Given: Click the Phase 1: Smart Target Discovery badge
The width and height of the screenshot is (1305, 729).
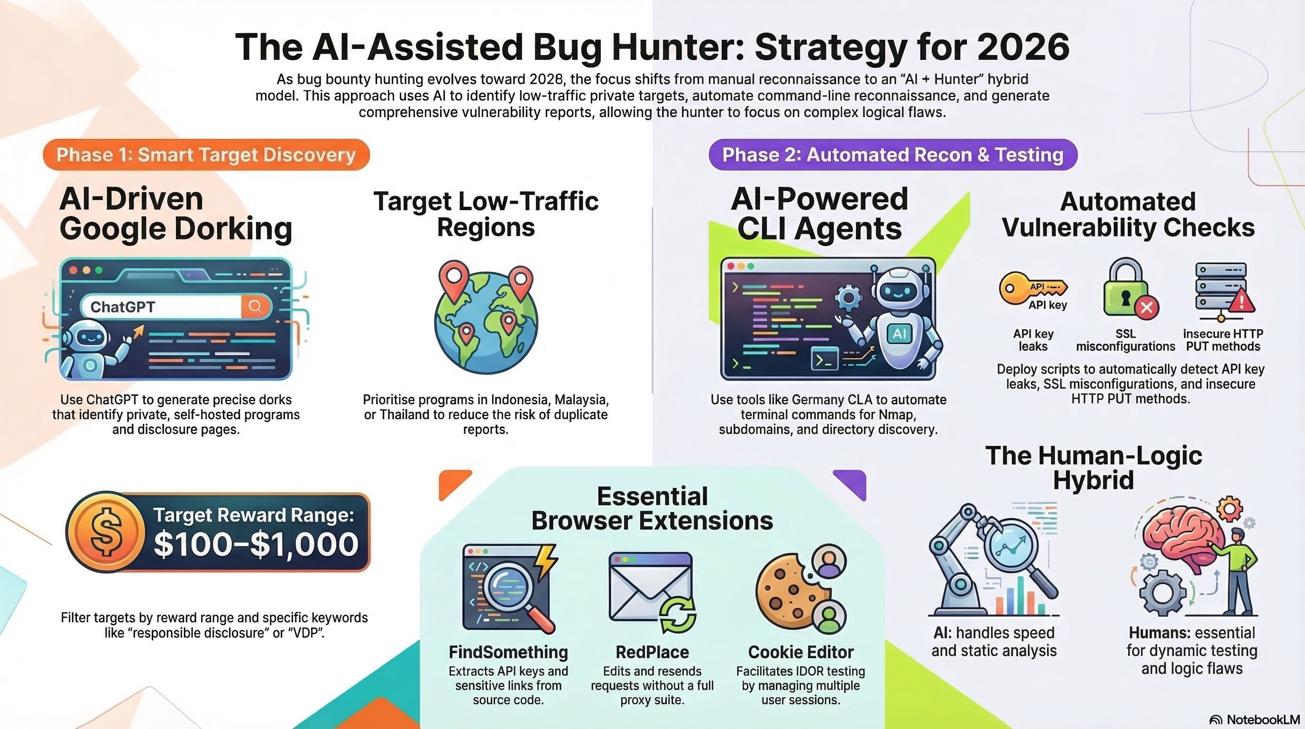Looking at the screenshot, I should pyautogui.click(x=206, y=155).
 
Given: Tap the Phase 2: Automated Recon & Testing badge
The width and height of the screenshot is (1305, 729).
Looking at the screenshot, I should pyautogui.click(x=892, y=155).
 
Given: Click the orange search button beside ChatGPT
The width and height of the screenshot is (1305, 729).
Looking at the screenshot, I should pyautogui.click(x=255, y=306).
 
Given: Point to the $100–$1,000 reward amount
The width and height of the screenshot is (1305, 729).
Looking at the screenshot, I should pyautogui.click(x=256, y=544).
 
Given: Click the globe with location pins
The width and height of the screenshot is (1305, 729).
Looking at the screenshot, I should pyautogui.click(x=486, y=318).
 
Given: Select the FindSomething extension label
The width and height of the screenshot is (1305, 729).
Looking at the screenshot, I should pyautogui.click(x=508, y=652).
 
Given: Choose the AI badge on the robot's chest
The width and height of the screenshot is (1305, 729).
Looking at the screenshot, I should pyautogui.click(x=899, y=333).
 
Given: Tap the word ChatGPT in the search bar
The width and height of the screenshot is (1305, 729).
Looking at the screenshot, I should pyautogui.click(x=123, y=307).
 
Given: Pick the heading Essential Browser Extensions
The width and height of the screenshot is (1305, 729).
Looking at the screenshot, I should pyautogui.click(x=652, y=508).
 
